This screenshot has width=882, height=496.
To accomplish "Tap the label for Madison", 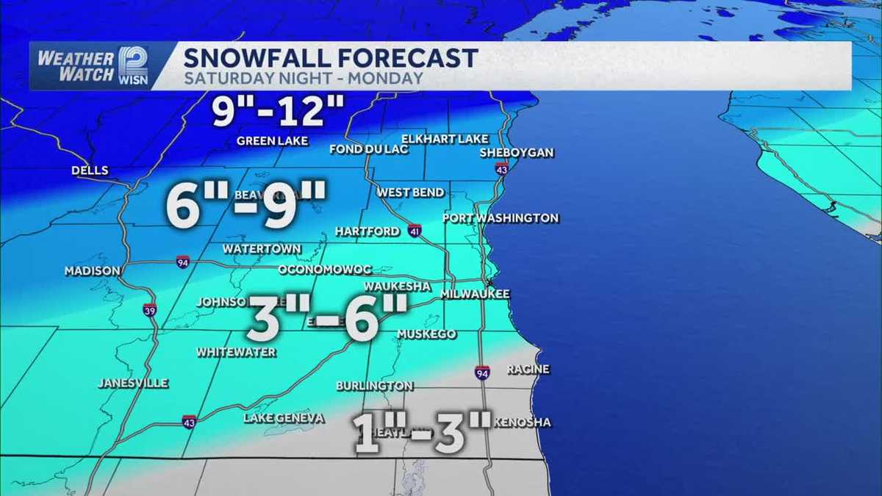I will (92, 271).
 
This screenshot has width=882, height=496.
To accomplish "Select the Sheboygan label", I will (516, 153).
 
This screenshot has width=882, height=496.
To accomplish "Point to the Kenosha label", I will (522, 423).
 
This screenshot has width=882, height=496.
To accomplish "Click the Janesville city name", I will (133, 384).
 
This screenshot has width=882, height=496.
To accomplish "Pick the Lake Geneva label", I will (284, 418).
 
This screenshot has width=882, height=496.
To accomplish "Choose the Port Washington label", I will (501, 218).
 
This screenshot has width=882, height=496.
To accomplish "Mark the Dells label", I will (90, 171).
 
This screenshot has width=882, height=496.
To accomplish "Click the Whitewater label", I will (236, 353).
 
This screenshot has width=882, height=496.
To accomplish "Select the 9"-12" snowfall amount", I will (278, 112).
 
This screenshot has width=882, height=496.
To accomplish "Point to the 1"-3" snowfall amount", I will (421, 434).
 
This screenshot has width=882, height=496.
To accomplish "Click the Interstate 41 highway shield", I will (415, 230).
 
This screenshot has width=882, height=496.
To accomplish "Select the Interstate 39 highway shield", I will (149, 309).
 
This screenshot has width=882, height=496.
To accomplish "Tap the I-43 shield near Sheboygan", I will (502, 169).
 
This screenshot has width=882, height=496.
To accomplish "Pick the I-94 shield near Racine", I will (482, 373).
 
